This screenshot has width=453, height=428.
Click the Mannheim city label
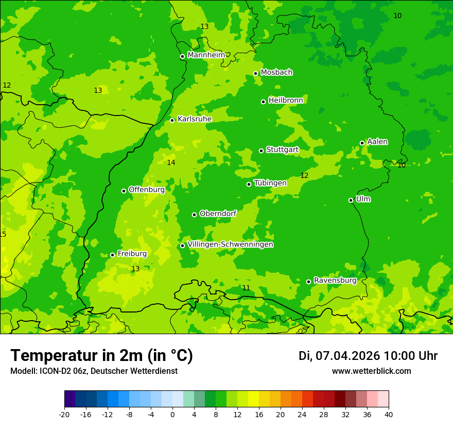coord(206,55)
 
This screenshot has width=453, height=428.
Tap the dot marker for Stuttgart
coord(261,151)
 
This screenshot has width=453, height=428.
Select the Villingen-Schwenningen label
coord(230,244)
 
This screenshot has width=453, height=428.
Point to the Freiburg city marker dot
coord(112,255)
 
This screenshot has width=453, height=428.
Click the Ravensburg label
coord(335,281)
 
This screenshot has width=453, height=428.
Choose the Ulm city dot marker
coord(351,200)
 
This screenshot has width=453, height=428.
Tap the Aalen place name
coord(377,142)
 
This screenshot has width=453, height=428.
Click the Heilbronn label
coord(285,101)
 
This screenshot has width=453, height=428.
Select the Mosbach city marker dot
coord(255,73)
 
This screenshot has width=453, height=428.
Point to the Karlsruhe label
coord(194,119)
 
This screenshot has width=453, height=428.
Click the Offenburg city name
coord(146,190)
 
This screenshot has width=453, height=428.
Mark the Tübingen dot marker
coord(249,184)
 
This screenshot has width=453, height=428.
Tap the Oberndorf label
coord(218,213)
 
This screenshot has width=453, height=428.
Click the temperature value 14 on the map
coord(171,163)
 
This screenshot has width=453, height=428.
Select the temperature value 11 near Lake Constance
coord(246,288)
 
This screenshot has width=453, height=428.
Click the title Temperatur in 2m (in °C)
coord(101,356)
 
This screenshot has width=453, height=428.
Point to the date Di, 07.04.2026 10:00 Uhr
coord(368,356)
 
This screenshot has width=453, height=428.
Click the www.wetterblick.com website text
coord(371,371)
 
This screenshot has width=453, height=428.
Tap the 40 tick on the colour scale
coord(388,414)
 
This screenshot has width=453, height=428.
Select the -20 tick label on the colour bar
coord(64,414)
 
